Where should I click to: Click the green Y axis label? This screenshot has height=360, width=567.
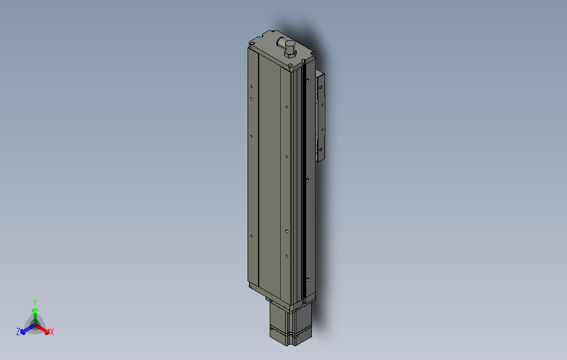coord(34,302)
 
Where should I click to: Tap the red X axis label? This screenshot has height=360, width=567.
coord(51,332)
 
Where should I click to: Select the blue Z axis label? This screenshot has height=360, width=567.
coord(18,332)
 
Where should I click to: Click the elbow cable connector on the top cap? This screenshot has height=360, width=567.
coord(287,44)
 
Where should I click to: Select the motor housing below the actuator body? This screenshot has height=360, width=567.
coord(290,326)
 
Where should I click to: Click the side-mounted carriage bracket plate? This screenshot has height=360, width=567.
coord(320,116)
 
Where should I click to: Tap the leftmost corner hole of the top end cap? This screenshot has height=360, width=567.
coord(252,44)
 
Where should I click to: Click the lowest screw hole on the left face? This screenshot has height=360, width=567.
coord(251,236)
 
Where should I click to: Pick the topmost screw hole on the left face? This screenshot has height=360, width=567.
coord(251,87)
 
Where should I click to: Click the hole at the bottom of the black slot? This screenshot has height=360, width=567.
coord(305,279)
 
